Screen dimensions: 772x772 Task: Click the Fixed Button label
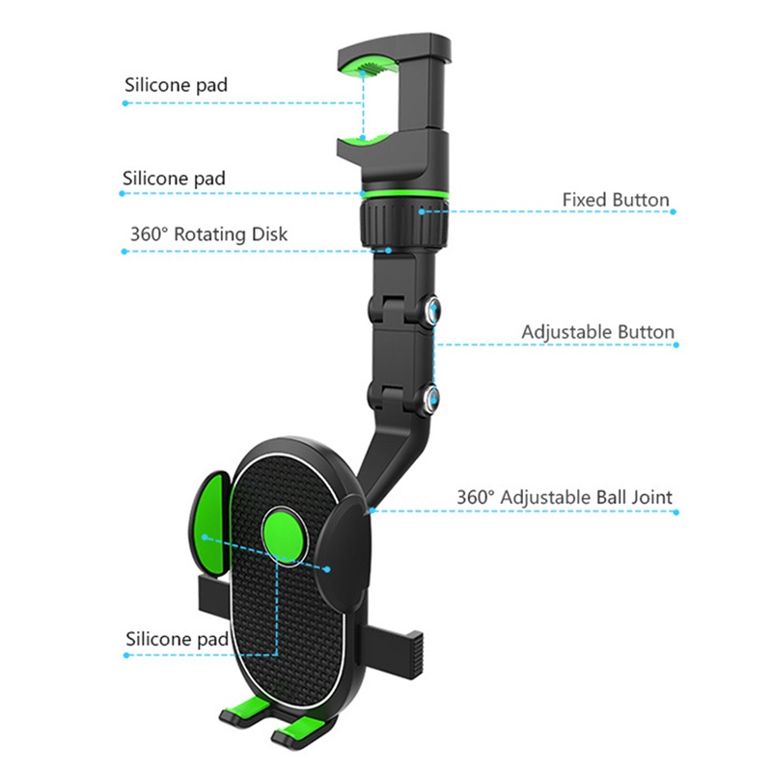[x=616, y=200]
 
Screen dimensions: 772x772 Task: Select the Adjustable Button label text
[x=597, y=332]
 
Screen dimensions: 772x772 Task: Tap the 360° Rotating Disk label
[x=208, y=234]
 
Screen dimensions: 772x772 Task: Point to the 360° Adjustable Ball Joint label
[x=565, y=498]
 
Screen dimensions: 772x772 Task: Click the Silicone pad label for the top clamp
[x=176, y=84]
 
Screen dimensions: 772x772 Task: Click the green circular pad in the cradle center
[x=283, y=534]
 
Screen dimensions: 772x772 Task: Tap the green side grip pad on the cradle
[x=212, y=521]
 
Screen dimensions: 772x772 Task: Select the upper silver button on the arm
[x=431, y=310]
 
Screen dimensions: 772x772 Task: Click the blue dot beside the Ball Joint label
[x=675, y=511]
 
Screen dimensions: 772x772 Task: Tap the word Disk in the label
[x=269, y=234]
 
